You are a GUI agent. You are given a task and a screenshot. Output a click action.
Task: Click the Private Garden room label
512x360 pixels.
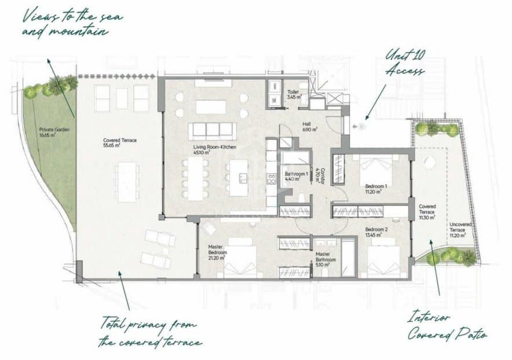[x=54, y=132]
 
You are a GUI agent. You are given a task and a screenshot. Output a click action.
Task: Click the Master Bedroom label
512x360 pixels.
[x=217, y=254]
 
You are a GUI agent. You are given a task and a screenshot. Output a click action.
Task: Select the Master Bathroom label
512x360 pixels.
[x=326, y=257]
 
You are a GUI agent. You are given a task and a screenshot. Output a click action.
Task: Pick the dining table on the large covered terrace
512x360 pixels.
[x=127, y=181]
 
